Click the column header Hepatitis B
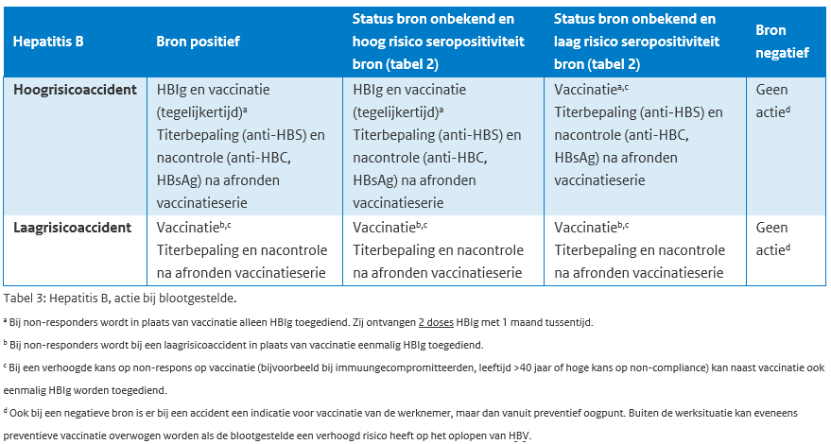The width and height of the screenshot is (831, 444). click(48, 42)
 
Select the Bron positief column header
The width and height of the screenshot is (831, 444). click(198, 42)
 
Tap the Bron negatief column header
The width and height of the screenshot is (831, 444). click(782, 42)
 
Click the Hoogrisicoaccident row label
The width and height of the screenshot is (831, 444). click(75, 90)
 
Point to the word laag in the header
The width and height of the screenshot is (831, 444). click(568, 42)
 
